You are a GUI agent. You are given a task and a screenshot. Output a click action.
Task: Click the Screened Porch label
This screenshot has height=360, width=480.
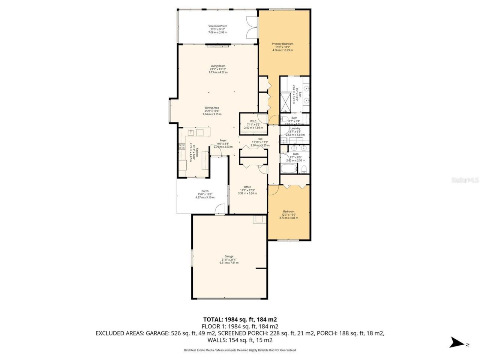(217, 26)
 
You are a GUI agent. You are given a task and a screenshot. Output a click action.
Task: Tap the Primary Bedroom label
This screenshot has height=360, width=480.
(282, 44)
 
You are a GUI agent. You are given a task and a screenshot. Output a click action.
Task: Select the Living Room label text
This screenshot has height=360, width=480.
(218, 66)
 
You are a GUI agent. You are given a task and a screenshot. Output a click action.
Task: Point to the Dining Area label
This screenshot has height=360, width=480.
(212, 108)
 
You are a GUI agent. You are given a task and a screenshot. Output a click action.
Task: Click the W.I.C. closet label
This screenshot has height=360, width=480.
(253, 121)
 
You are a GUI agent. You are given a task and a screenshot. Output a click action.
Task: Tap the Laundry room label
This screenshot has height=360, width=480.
(295, 128)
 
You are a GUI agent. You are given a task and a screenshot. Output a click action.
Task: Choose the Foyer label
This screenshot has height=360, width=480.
(223, 141)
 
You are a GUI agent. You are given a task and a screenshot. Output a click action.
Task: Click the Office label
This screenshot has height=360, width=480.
(247, 187)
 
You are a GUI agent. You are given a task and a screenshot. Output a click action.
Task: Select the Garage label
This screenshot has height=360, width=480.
(229, 256)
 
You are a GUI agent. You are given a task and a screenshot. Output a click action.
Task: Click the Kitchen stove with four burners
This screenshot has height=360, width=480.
(182, 146)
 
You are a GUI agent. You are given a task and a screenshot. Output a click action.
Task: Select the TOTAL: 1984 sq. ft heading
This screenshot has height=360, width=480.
(240, 319)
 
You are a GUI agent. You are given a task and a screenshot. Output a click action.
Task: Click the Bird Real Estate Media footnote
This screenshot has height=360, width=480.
(240, 350)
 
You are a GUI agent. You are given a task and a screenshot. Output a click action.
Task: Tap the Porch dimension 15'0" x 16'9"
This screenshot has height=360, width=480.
(205, 194)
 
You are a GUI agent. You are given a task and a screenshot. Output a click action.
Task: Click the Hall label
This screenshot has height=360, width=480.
(259, 139)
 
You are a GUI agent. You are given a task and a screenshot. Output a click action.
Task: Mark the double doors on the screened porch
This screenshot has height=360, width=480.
(251, 28)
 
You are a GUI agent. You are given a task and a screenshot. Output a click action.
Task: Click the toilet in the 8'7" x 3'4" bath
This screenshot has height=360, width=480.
(285, 120)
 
